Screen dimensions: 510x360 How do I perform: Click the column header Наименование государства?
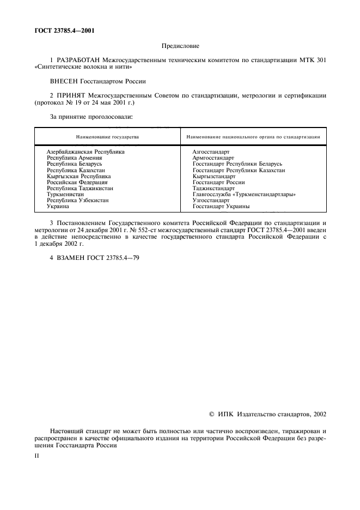point(107,137)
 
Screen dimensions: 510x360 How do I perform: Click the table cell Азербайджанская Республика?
point(86,151)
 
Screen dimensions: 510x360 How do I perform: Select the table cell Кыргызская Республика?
point(79,177)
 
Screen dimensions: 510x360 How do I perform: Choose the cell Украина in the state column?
point(58,207)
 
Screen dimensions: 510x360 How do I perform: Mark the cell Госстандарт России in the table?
point(218,182)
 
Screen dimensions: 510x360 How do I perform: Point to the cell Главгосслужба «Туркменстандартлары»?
point(240,194)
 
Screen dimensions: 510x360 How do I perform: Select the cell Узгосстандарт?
point(211,200)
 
